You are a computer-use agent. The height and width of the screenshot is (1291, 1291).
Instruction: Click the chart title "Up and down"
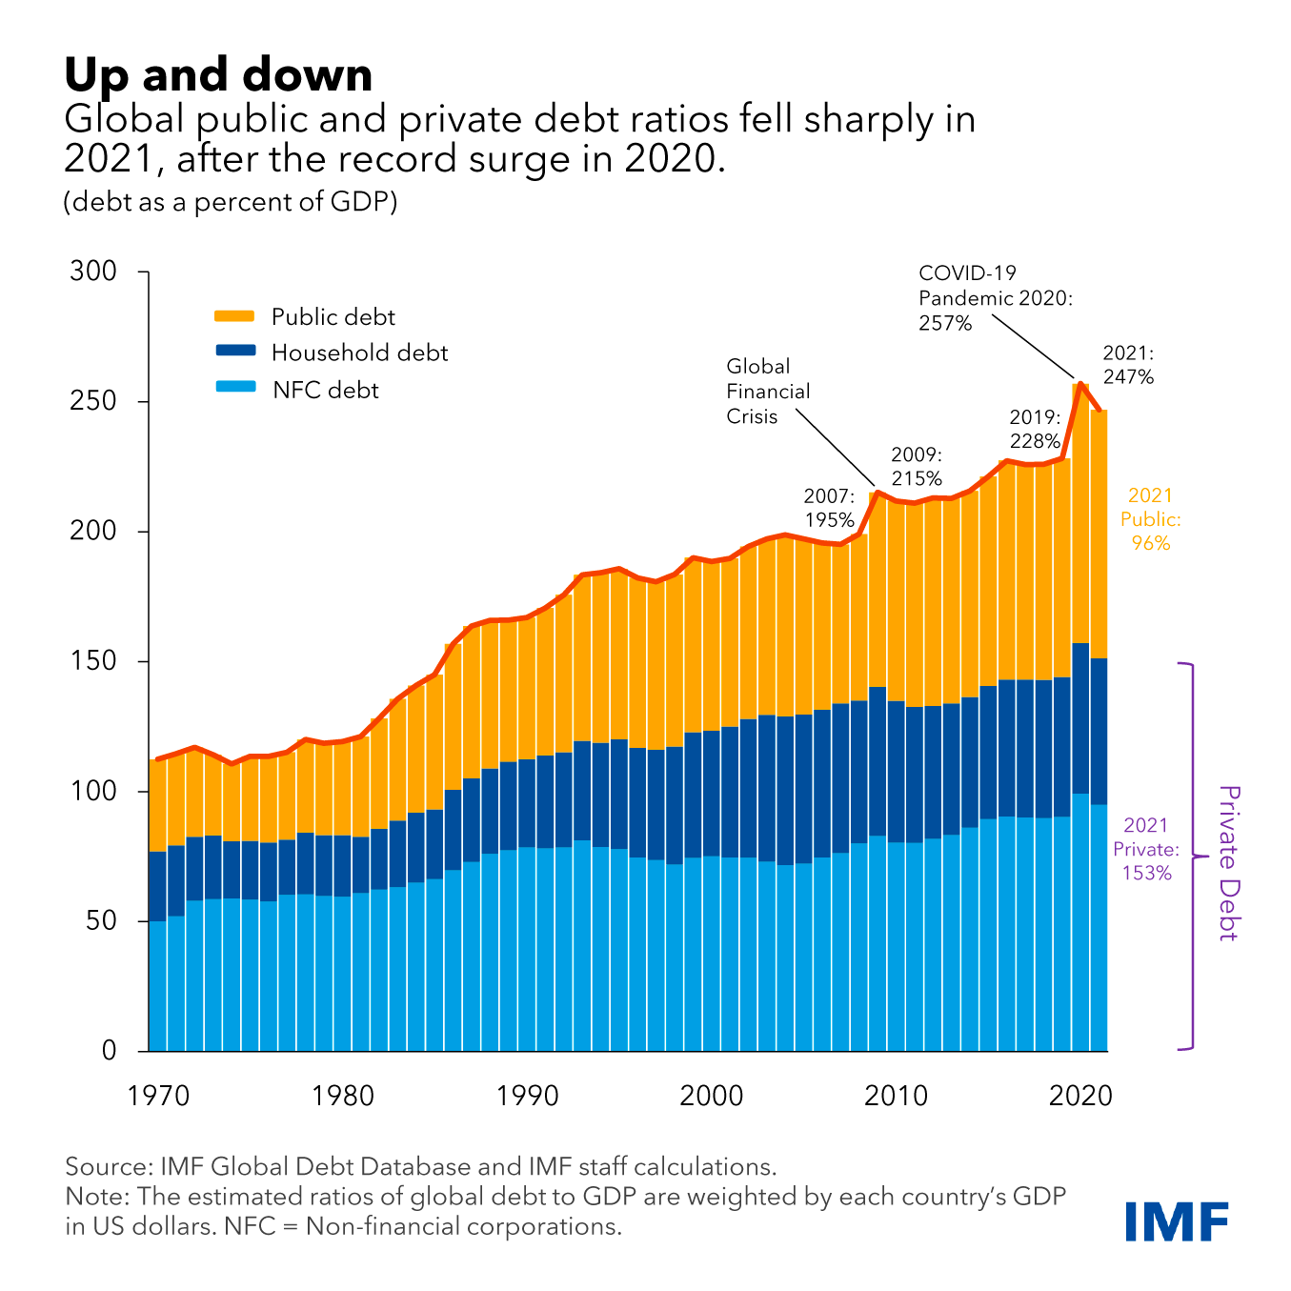[218, 74]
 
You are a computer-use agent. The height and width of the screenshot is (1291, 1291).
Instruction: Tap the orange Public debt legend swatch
[234, 316]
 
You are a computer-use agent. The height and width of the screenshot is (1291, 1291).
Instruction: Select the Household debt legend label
[359, 353]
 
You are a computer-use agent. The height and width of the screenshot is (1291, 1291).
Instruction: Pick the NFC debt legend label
[326, 391]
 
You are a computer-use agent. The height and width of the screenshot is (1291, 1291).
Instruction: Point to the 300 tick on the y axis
[93, 272]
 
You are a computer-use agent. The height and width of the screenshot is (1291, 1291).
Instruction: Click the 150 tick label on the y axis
[93, 661]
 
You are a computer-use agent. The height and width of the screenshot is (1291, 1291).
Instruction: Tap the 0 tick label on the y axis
[109, 1051]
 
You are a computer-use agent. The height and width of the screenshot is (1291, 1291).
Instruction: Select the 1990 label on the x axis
[527, 1097]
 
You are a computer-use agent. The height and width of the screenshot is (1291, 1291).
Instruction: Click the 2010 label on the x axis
[896, 1097]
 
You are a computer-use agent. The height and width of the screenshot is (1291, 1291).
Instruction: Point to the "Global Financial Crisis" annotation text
[767, 392]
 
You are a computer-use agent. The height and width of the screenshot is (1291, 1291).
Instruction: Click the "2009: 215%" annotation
[917, 467]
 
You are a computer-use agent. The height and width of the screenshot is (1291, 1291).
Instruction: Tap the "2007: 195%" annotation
[829, 508]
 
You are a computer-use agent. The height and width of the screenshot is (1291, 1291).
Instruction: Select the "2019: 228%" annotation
[1035, 429]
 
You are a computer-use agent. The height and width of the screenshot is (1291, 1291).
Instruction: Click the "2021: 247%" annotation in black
[1128, 365]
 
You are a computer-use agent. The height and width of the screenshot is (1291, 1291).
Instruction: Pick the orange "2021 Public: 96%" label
[1150, 519]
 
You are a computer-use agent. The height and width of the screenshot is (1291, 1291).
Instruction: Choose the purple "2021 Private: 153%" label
[1146, 849]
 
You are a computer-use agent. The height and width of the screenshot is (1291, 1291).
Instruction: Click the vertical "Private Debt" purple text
[1229, 862]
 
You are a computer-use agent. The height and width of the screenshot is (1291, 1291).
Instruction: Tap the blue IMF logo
[1177, 1221]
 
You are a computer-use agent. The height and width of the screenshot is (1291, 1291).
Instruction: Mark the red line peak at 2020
[1080, 384]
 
